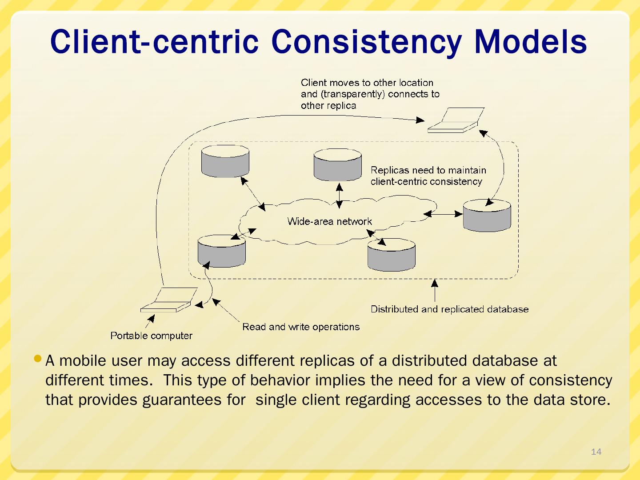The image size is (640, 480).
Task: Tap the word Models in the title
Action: [531, 42]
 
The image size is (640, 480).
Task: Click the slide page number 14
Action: [596, 452]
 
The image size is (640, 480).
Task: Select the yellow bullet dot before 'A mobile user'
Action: [38, 358]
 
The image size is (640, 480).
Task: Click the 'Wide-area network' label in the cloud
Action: [329, 221]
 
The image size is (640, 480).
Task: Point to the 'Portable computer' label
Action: [151, 336]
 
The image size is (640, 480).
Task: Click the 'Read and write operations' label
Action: [301, 327]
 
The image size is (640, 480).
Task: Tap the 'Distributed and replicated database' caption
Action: [450, 309]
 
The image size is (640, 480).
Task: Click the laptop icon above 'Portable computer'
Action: [169, 300]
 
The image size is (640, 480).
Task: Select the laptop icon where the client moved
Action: [456, 120]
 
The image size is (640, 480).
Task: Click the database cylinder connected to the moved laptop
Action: [487, 216]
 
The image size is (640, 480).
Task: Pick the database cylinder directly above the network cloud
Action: [338, 164]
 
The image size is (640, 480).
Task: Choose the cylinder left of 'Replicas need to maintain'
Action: [338, 164]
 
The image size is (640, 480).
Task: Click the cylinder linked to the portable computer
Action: [222, 251]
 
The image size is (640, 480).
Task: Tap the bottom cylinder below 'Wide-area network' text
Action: [391, 255]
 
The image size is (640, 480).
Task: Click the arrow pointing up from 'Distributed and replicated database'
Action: [434, 290]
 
